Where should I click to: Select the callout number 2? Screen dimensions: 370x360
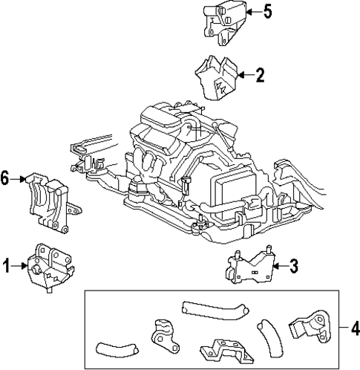pyautogui.click(x=260, y=74)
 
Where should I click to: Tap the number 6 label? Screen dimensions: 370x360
pyautogui.click(x=6, y=178)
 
